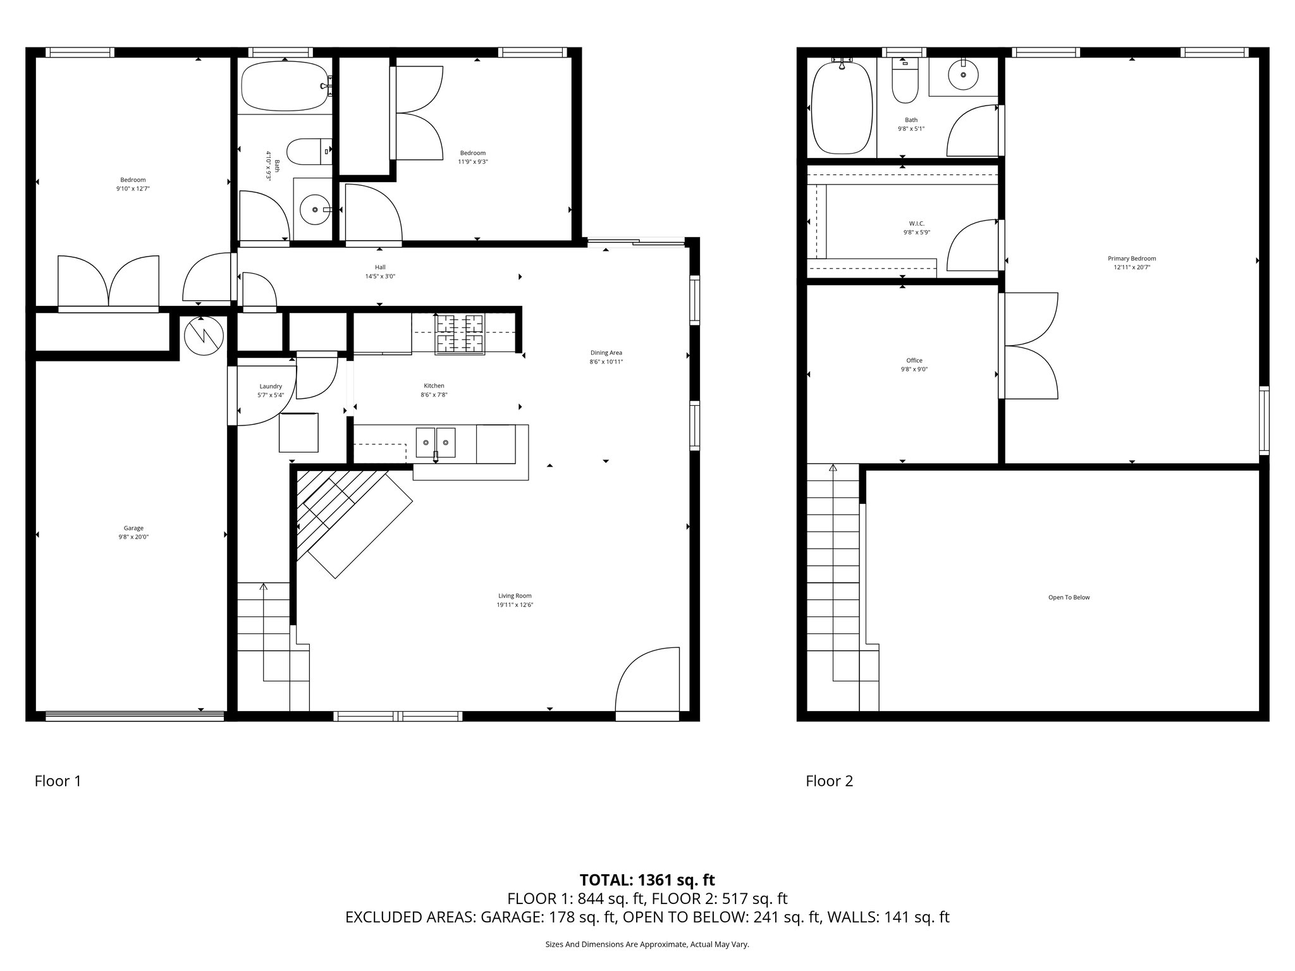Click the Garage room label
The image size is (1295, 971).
tap(133, 528)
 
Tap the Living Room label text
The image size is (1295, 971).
tap(515, 595)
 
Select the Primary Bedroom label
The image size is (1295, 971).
tap(1132, 259)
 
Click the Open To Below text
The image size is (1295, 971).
tap(1069, 597)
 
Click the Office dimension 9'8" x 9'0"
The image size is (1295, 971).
tap(914, 370)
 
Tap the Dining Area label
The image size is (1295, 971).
tap(606, 353)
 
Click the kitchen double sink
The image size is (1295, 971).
tap(436, 442)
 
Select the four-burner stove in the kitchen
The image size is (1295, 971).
tap(459, 334)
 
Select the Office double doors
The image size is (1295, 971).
tap(1029, 346)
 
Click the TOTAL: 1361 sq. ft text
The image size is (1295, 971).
tap(647, 880)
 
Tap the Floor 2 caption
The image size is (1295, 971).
tap(829, 781)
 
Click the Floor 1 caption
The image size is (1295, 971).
tap(58, 781)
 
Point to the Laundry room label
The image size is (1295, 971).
tap(271, 386)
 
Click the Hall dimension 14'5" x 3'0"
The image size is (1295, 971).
tap(380, 276)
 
